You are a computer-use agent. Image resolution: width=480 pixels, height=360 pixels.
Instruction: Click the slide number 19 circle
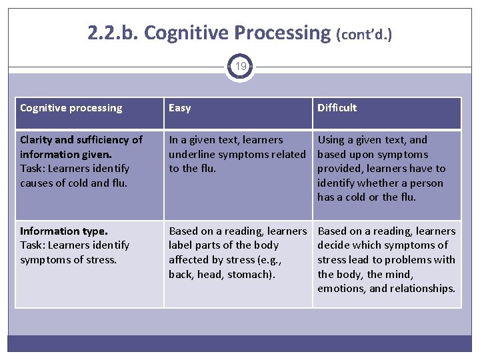240,67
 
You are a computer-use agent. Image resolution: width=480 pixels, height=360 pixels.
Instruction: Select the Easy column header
180,108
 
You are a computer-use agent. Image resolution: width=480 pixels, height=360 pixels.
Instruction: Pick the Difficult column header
337,108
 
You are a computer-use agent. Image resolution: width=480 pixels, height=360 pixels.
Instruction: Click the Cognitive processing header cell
71,108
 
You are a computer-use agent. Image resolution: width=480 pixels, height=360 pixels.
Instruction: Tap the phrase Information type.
63,231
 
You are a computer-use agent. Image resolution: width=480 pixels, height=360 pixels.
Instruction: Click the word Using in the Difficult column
331,140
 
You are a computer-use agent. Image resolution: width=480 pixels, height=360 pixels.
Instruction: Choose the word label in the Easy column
180,245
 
